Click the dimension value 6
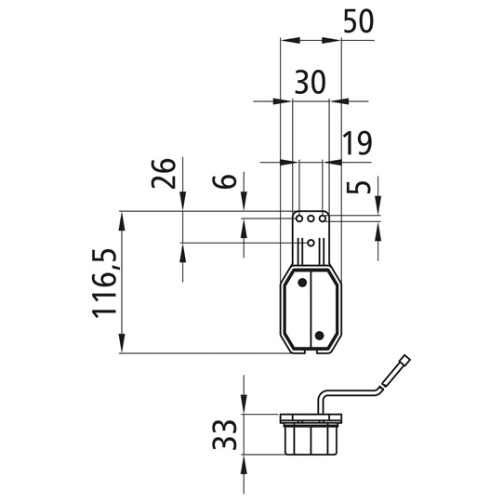[x=225, y=179]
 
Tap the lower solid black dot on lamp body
[x=318, y=334]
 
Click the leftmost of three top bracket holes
[x=298, y=219]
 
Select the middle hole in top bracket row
[x=311, y=219]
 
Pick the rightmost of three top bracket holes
[x=323, y=219]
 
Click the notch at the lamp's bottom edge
[x=311, y=351]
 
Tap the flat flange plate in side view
[x=311, y=417]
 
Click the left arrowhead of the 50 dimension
[x=284, y=42]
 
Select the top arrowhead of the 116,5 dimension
[x=122, y=217]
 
